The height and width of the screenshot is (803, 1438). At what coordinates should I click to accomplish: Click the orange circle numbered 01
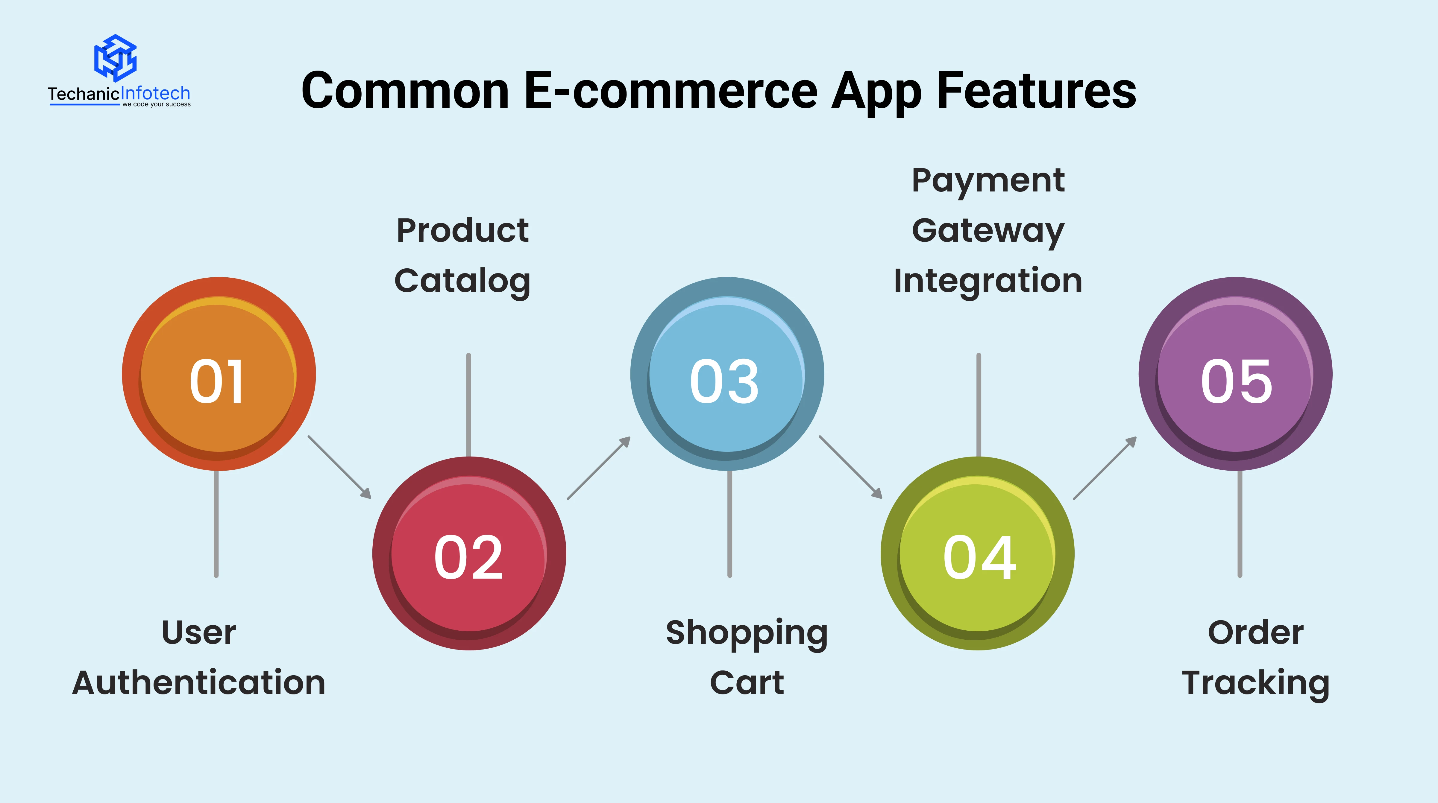219,374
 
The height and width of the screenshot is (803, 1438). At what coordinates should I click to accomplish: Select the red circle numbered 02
469,553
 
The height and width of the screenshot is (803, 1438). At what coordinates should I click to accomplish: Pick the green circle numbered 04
977,553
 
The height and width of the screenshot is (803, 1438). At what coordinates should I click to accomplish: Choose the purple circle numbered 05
1235,374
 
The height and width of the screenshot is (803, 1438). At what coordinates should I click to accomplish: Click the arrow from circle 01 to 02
339,467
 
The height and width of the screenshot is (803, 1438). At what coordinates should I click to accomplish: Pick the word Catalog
462,281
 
